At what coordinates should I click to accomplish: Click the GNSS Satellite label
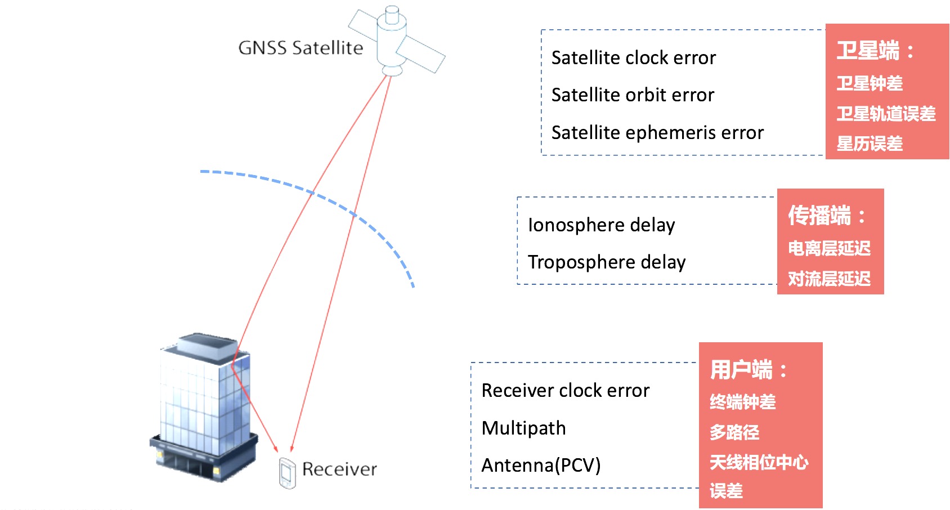(301, 48)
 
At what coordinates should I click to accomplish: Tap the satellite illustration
(394, 42)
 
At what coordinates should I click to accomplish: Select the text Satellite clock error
(633, 58)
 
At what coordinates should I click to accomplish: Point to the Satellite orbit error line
(633, 95)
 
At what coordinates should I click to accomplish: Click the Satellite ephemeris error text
(657, 133)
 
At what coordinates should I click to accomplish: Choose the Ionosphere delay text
(601, 225)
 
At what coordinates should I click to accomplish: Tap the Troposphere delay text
(607, 262)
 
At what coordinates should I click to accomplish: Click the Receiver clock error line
(566, 391)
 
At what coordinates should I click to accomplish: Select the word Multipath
(523, 428)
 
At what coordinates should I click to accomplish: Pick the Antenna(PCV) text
(541, 466)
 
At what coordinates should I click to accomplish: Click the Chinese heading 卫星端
(868, 51)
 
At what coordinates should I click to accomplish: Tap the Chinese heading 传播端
(820, 216)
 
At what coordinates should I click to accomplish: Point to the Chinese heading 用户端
(742, 370)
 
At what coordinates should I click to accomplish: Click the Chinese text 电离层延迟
(829, 248)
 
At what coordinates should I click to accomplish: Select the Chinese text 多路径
(734, 432)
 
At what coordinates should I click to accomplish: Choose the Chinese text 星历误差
(870, 144)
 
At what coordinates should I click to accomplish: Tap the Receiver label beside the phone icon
(339, 469)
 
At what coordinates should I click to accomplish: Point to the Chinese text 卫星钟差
(870, 83)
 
